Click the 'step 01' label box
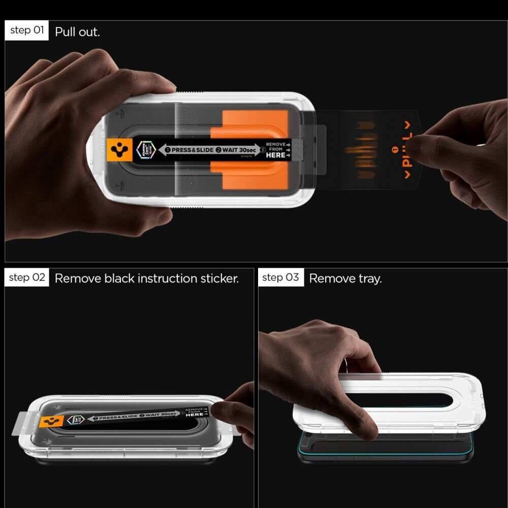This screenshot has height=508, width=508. point(27,30)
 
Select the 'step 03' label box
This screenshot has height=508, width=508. point(281,277)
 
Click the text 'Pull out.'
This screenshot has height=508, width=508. point(77,31)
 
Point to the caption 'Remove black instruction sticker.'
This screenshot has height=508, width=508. point(146,278)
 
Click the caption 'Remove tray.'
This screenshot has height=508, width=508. point(345,278)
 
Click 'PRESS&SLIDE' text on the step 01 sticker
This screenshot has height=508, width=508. point(192,150)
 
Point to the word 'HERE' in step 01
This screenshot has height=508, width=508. point(275,155)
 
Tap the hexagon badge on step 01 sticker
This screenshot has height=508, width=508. point(143,150)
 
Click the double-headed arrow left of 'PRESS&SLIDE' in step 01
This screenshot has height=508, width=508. point(164,150)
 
